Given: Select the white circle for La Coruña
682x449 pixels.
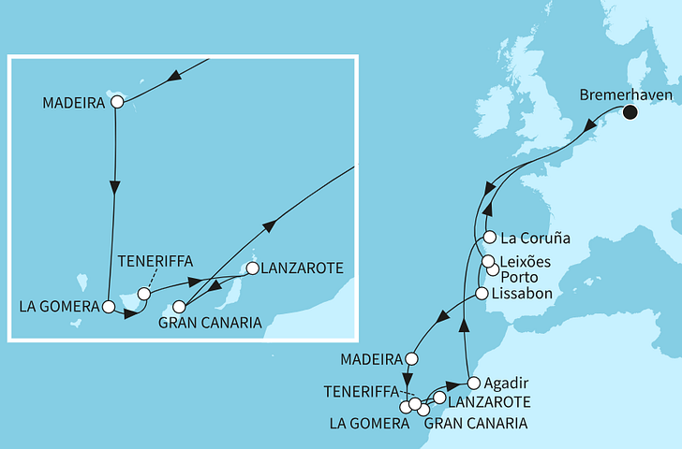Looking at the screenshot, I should tap(488, 238).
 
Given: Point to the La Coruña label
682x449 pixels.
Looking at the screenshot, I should tap(534, 238).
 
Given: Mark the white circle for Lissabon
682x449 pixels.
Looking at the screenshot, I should tap(482, 294).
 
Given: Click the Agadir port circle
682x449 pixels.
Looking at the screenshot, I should tap(473, 383).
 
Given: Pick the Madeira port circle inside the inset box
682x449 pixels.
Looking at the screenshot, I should tap(117, 101).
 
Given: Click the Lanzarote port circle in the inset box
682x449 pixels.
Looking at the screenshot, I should tap(252, 269).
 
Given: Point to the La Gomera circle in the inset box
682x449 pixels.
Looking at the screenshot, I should tap(110, 306).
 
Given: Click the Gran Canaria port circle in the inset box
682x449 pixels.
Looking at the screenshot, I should tap(178, 305).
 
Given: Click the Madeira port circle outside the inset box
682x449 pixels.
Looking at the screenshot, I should tap(411, 358).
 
